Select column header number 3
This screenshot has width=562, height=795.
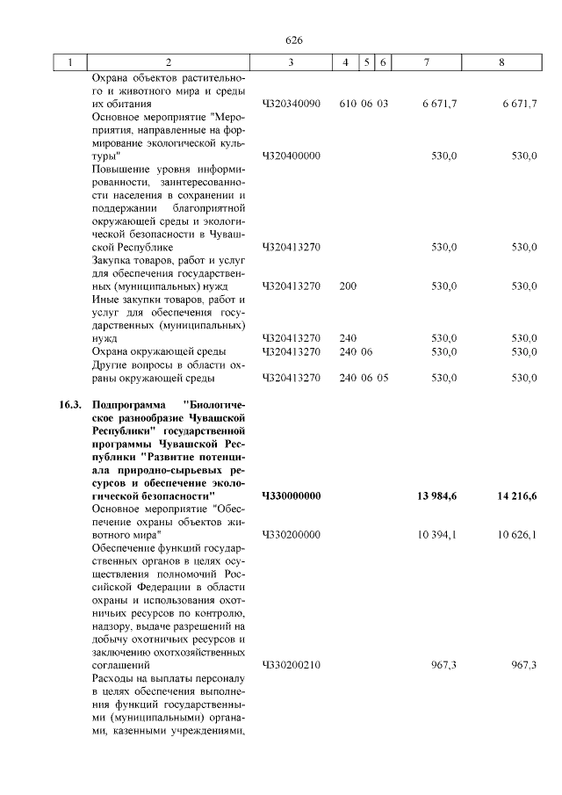pos(291,62)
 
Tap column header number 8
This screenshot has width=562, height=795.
pos(501,62)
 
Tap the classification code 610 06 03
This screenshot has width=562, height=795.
pos(363,104)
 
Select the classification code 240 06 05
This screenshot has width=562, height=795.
pos(363,379)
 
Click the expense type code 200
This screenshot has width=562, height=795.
pos(348,286)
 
